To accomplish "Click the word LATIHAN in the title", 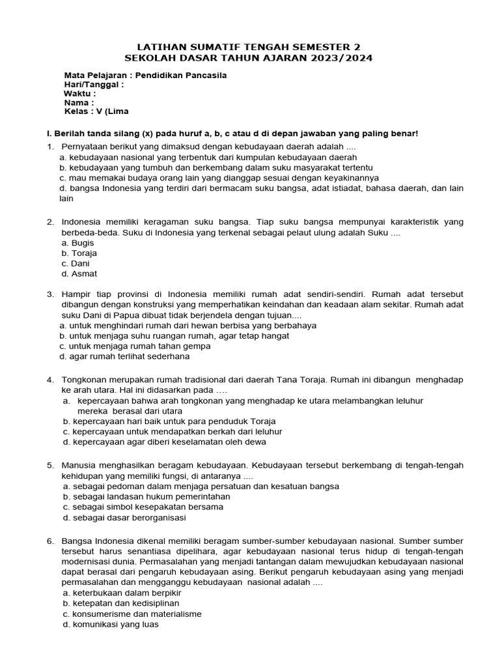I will click(x=160, y=47).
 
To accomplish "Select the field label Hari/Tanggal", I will click(x=94, y=84).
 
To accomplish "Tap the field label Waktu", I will click(x=79, y=93).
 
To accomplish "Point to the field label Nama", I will click(x=78, y=102).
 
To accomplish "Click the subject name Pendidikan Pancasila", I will click(x=186, y=75).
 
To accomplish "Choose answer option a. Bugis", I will click(x=77, y=242).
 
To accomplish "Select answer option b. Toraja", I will click(x=79, y=253).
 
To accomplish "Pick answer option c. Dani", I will click(x=76, y=263).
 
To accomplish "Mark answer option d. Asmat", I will click(x=79, y=274).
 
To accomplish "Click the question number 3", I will click(x=49, y=294).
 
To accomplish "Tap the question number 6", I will click(x=49, y=541).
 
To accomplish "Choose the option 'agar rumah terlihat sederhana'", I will click(x=124, y=356).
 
